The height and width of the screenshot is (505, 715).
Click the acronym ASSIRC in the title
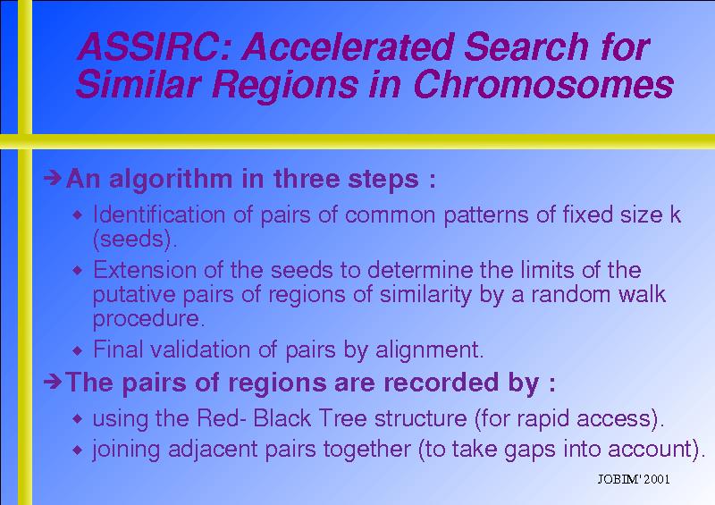(149, 46)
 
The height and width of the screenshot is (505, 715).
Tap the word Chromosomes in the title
(543, 85)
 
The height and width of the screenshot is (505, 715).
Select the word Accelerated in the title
(348, 46)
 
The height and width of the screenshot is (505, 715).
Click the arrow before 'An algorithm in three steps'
(53, 178)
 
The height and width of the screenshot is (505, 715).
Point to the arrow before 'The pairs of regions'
(53, 382)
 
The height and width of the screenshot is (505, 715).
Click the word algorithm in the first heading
(171, 179)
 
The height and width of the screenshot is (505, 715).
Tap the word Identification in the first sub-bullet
(159, 214)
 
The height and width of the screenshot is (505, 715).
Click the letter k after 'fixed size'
(676, 214)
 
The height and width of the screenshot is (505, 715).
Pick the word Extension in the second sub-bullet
(145, 270)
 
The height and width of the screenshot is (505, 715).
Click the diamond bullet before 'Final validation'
(78, 350)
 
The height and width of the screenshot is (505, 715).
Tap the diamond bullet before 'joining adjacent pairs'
(78, 450)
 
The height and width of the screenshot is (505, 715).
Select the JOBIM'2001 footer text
(634, 479)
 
